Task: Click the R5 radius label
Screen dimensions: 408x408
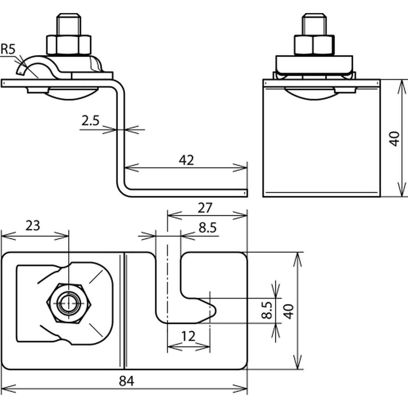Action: (x=8, y=49)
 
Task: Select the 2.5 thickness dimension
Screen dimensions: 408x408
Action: (x=90, y=121)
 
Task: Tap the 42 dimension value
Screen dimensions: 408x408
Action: (x=186, y=160)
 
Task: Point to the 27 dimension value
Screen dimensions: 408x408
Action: (x=205, y=208)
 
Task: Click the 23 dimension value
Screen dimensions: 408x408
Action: (x=33, y=226)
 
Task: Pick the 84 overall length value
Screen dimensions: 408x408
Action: (x=126, y=381)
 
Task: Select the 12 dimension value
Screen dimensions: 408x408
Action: (x=188, y=337)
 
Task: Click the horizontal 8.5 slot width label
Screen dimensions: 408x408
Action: (x=208, y=228)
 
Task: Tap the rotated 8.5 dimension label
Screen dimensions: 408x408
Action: (x=267, y=310)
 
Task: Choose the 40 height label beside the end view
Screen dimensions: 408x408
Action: (x=395, y=139)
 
